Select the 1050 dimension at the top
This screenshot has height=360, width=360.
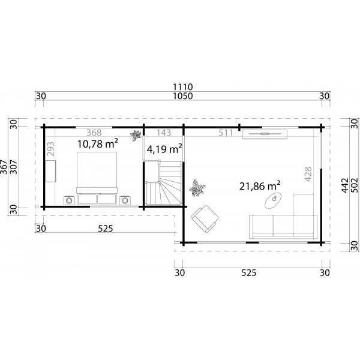pyautogui.click(x=183, y=96)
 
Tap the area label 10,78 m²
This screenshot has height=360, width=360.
pyautogui.click(x=98, y=145)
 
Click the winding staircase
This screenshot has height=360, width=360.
pyautogui.click(x=163, y=185)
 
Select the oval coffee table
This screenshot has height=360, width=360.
pyautogui.click(x=274, y=199)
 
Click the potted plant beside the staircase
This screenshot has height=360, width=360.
pyautogui.click(x=196, y=189)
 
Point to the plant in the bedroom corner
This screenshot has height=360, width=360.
pyautogui.click(x=137, y=134)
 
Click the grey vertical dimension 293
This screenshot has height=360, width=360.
pyautogui.click(x=50, y=148)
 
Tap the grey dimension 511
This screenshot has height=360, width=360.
pyautogui.click(x=224, y=133)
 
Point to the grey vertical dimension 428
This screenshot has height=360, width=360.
pyautogui.click(x=309, y=174)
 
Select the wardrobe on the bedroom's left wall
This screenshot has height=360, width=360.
pyautogui.click(x=51, y=172)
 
